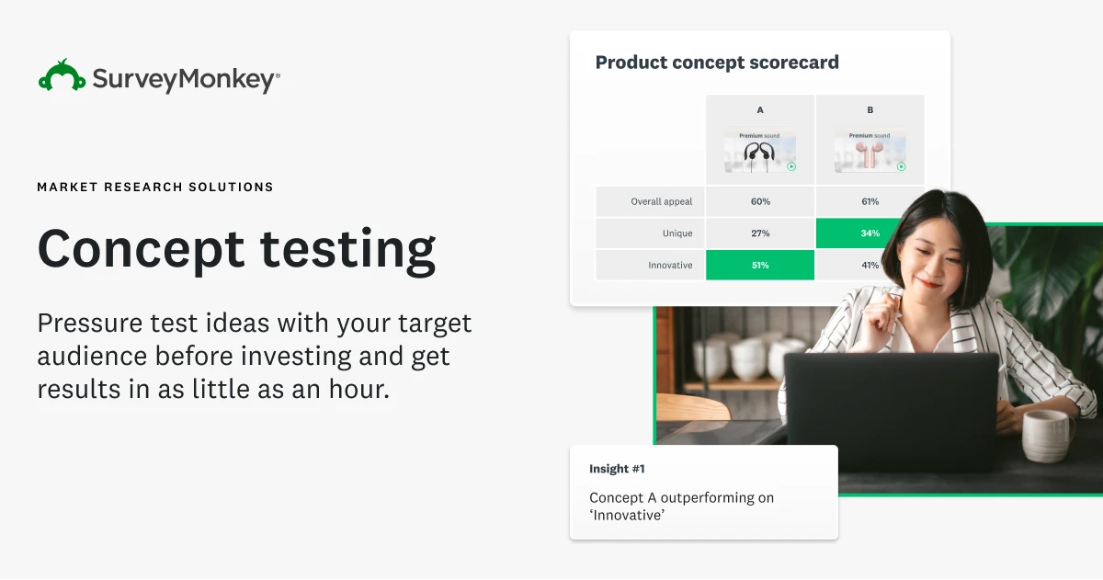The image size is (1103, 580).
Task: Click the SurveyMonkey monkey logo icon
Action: coord(62,76)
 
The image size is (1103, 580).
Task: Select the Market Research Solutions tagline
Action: coord(155,187)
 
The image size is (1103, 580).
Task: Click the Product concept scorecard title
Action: coord(717,63)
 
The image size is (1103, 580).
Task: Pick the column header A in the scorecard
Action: coord(760,110)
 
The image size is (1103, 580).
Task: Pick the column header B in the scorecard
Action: coord(870,110)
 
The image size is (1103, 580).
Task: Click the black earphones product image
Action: coord(760,153)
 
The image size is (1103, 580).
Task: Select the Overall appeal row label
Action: coord(661,201)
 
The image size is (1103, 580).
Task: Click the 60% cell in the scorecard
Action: coord(760,201)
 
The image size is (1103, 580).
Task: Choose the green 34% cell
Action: coord(870,233)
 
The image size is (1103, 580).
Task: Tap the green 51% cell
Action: coord(760,266)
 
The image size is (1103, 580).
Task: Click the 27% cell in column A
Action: coord(760,233)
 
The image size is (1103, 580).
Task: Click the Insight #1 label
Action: coord(617,469)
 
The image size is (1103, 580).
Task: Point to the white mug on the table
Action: coord(1046,434)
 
